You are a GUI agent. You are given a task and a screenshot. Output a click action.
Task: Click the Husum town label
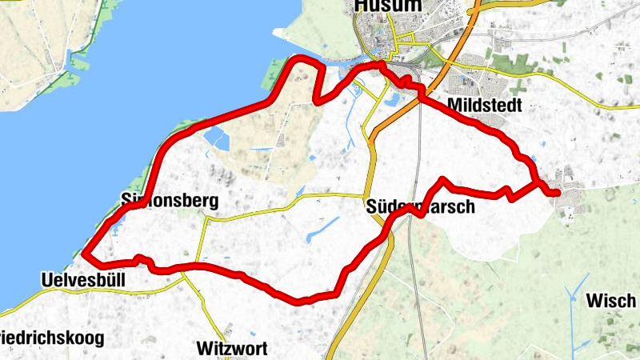point(388,7)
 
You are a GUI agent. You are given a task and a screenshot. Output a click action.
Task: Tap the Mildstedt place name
point(485,106)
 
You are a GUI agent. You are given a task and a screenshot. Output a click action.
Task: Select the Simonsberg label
point(170,200)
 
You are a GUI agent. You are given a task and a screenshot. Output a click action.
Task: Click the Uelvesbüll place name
point(82,280)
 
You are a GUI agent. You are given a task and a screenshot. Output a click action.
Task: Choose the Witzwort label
point(230,348)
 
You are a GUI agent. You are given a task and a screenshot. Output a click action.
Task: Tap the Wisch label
point(611,301)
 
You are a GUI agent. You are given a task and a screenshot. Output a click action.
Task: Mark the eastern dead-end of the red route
point(558,192)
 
